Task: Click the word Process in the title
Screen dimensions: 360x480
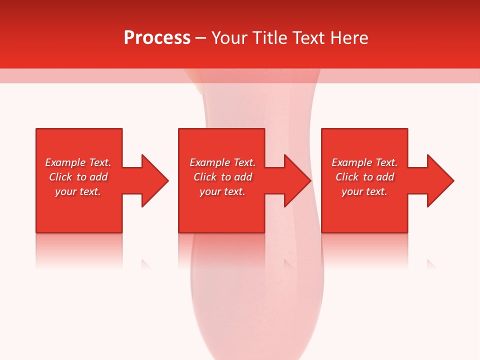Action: [157, 38]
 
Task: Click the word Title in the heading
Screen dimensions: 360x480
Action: [270, 38]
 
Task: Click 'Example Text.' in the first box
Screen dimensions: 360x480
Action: [78, 162]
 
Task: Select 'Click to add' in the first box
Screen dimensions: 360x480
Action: [78, 177]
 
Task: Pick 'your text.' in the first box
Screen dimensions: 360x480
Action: [78, 191]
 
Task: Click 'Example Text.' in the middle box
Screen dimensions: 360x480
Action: [222, 162]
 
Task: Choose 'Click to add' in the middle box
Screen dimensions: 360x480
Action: [222, 177]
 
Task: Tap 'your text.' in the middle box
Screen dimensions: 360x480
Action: [222, 191]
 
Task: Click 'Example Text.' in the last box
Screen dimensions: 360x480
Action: [364, 162]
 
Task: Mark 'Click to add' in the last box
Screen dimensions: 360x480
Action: [364, 177]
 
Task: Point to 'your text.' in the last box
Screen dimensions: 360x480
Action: [364, 191]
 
